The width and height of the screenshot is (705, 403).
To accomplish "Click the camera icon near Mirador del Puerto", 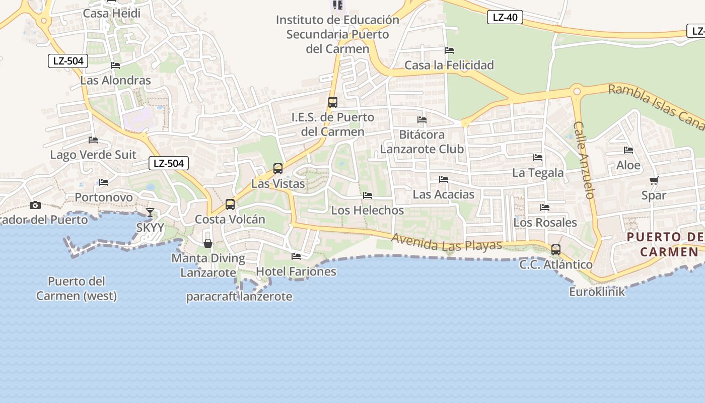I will point(35,205).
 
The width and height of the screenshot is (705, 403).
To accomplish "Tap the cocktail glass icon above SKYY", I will point(150,213).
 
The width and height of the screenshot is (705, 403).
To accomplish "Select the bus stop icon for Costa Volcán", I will point(230,204).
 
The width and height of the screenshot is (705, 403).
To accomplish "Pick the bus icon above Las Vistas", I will point(278,169).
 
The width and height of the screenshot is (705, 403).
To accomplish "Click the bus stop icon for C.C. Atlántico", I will point(556,249).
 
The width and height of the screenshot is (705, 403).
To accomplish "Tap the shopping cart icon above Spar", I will point(654,180).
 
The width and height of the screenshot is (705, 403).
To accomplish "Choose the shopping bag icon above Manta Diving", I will point(207,244).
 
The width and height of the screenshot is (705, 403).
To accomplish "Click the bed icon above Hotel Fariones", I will point(296,256).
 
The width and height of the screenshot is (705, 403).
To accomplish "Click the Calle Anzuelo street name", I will point(584,160).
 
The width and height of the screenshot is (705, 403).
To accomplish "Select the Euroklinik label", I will point(597,292).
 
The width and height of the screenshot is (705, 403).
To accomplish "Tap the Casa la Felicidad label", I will point(449,65).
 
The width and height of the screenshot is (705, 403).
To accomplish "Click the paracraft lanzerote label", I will point(239,296).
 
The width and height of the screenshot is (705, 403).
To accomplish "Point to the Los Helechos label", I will point(368,210).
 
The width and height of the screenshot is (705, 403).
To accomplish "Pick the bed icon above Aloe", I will point(628,150).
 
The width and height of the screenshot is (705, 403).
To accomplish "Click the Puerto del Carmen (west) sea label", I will point(76,288).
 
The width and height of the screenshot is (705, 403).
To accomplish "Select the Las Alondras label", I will point(115,80).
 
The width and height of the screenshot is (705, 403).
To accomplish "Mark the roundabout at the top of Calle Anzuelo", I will point(577,92).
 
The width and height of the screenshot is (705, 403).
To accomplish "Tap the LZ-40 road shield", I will point(505,17).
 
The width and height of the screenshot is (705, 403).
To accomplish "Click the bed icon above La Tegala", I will point(538,158).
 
